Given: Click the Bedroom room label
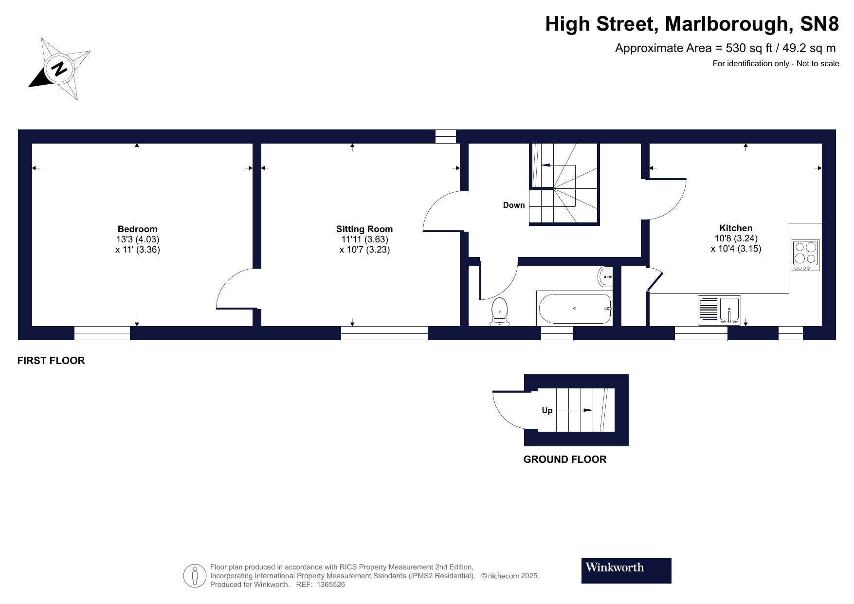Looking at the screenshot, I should click(x=137, y=229).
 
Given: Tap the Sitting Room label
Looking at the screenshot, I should click(x=364, y=229).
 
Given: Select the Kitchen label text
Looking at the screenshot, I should click(x=736, y=228).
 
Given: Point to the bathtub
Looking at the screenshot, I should click(x=574, y=309).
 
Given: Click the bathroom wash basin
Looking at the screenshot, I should click(x=605, y=276).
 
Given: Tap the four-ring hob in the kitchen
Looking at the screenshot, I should click(x=805, y=255).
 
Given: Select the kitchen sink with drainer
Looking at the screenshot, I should click(x=719, y=310).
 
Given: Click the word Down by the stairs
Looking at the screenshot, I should click(x=514, y=205).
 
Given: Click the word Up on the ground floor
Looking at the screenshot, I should click(x=547, y=411).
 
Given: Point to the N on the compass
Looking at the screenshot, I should click(x=59, y=69).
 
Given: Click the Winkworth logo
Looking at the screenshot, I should click(x=626, y=570).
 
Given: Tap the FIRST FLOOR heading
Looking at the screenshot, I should click(x=51, y=361).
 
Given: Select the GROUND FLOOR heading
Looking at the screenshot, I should click(x=564, y=459).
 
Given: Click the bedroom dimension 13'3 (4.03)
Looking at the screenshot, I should click(x=137, y=239).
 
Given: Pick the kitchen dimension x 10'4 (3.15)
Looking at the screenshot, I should click(x=736, y=249).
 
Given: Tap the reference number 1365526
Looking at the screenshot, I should click(x=331, y=585).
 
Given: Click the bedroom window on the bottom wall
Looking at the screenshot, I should click(x=102, y=333).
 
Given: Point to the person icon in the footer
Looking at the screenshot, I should click(x=195, y=576).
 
